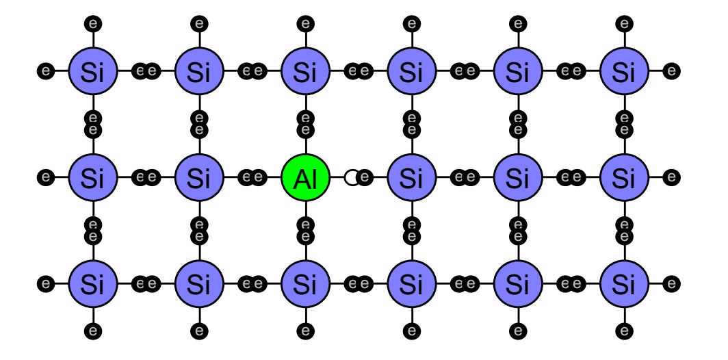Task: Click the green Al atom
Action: (305, 177)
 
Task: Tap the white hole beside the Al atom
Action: (352, 177)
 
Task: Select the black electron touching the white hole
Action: (365, 177)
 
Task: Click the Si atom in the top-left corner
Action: (93, 71)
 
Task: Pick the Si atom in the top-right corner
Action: (625, 71)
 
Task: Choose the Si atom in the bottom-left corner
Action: (93, 283)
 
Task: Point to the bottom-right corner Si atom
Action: (625, 283)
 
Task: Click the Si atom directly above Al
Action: (305, 71)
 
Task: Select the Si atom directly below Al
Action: (305, 283)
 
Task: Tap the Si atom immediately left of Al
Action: (199, 177)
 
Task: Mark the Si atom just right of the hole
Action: (412, 177)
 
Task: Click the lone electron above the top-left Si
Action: (93, 23)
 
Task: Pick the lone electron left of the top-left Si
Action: (45, 71)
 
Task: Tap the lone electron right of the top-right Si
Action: (671, 71)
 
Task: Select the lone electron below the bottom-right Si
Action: (625, 331)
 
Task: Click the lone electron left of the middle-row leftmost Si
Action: (45, 177)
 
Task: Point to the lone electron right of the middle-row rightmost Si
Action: (671, 177)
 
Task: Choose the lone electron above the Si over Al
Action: (305, 23)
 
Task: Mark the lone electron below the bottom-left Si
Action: (93, 331)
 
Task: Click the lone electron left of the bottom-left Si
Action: (45, 283)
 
